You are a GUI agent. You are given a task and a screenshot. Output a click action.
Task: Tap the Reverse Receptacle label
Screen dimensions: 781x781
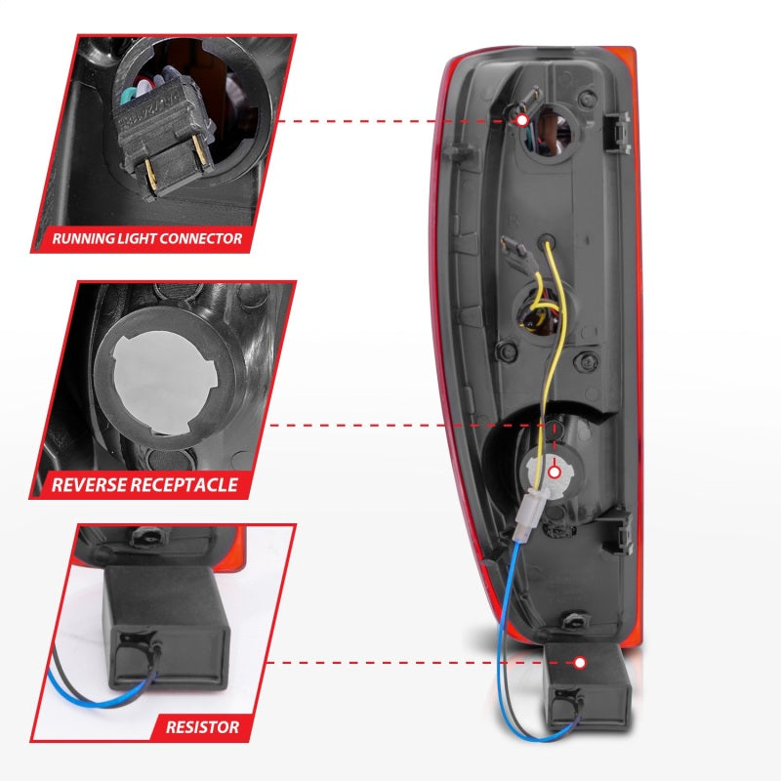tap(144, 483)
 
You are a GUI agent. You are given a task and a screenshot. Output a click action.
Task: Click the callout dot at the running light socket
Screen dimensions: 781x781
tap(521, 119)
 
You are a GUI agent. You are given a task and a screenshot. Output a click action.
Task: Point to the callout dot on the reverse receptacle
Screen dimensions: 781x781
tap(555, 472)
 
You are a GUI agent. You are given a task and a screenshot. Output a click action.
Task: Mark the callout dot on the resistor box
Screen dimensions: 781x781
tap(580, 663)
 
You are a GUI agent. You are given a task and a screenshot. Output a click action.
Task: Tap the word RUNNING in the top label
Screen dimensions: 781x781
tap(83, 237)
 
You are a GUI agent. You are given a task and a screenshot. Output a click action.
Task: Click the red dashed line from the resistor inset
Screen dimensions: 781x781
tap(420, 663)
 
